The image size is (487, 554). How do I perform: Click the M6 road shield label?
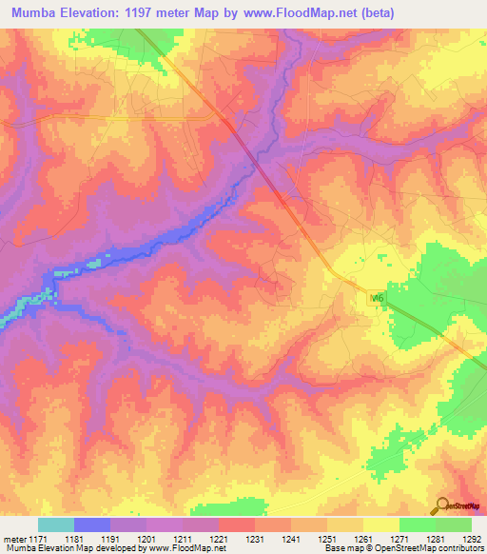tap(377, 298)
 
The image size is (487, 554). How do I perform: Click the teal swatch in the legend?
tap(56, 524)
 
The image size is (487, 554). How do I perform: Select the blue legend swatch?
tap(92, 524)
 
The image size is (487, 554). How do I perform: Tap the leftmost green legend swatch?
tap(417, 524)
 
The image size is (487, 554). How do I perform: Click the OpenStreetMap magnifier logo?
tap(441, 505)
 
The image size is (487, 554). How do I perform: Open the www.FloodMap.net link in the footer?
tap(185, 548)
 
